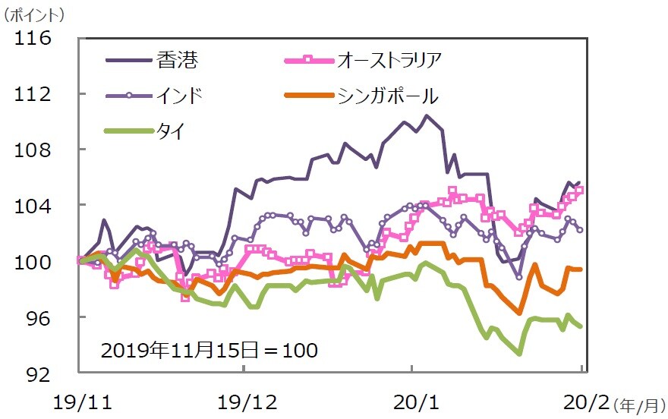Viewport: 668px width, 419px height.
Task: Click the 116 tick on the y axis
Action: (x=33, y=38)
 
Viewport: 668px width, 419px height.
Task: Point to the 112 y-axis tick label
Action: (x=33, y=94)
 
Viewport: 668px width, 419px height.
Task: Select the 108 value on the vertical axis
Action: (x=33, y=150)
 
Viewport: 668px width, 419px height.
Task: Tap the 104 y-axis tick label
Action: (x=33, y=206)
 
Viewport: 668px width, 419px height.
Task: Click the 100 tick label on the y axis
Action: (x=33, y=262)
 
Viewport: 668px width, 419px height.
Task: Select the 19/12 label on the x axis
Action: (x=243, y=400)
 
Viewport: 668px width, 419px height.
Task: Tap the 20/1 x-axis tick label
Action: (x=411, y=400)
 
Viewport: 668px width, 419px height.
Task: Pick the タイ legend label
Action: (x=168, y=131)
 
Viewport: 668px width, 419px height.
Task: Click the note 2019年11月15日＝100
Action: (x=209, y=351)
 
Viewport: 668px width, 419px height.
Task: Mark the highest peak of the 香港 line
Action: (x=427, y=115)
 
